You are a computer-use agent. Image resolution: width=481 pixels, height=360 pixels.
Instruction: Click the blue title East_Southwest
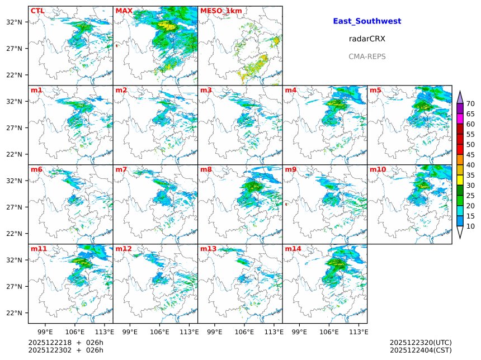[x=367, y=21]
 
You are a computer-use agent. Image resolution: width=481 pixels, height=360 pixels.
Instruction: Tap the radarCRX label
[x=367, y=39]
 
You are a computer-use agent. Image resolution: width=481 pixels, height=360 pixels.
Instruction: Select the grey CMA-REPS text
[x=367, y=56]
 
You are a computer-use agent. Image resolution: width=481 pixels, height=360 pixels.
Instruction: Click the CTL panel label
[x=37, y=11]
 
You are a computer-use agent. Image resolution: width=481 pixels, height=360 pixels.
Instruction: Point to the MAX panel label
[x=124, y=11]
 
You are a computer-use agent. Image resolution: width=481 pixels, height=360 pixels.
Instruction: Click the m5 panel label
[x=375, y=90]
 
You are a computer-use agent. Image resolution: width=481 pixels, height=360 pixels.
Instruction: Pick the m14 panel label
[x=293, y=249]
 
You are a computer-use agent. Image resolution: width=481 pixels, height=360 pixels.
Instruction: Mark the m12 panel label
[x=124, y=249]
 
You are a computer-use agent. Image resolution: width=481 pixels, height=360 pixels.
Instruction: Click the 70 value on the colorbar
[x=470, y=103]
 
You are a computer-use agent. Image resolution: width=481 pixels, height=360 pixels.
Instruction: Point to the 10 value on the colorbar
[x=470, y=226]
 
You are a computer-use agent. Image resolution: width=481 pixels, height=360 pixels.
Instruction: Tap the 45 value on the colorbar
[x=470, y=155]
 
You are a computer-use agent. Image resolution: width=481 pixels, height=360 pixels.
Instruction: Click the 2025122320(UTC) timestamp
[x=421, y=342]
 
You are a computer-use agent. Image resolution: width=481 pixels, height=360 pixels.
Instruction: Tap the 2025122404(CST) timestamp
[x=421, y=350]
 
